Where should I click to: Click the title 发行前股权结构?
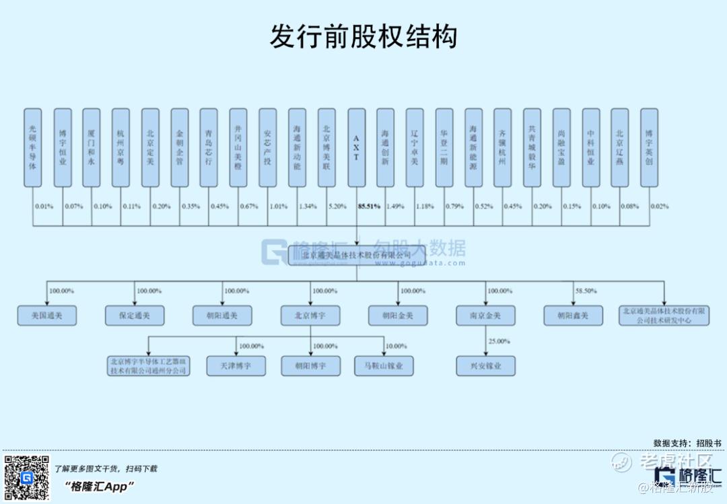(363, 37)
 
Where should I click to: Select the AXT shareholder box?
(357, 147)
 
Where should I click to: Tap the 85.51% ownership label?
(369, 206)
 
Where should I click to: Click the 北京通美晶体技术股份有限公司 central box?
(357, 256)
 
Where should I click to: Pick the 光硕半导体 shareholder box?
(32, 147)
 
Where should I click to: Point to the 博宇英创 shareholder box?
(649, 147)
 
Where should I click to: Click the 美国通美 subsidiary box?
(46, 315)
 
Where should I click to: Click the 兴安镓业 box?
(486, 366)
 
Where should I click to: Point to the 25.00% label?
(499, 342)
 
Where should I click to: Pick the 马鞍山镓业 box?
(384, 366)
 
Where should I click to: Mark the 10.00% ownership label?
(396, 346)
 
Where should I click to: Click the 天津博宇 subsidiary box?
(236, 366)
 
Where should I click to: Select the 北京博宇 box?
(310, 315)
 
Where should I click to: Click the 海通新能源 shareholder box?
(474, 147)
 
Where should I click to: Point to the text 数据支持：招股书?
(687, 443)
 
